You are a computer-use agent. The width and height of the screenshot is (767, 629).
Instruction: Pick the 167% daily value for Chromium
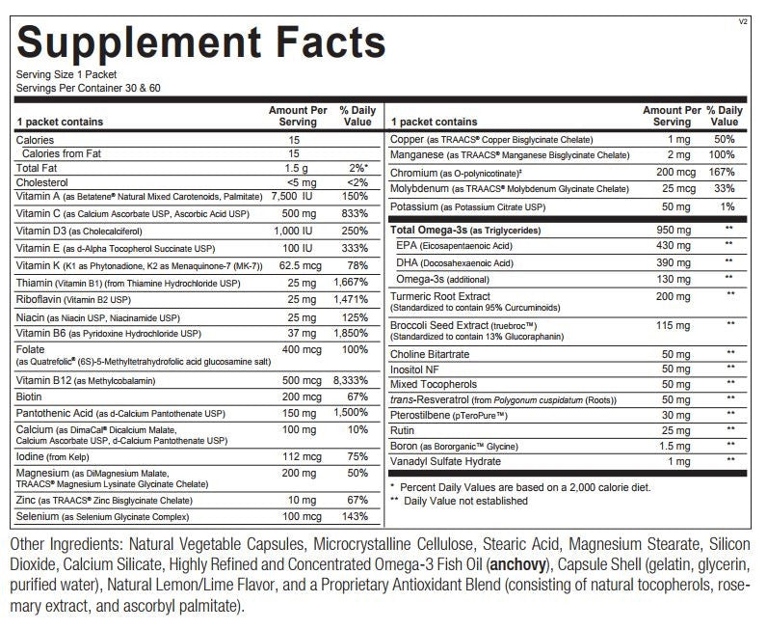724,173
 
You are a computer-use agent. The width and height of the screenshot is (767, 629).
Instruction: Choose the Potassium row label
414,207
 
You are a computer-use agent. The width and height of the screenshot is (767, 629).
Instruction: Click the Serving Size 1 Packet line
63,74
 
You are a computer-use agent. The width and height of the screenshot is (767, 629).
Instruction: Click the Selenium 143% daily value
357,518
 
